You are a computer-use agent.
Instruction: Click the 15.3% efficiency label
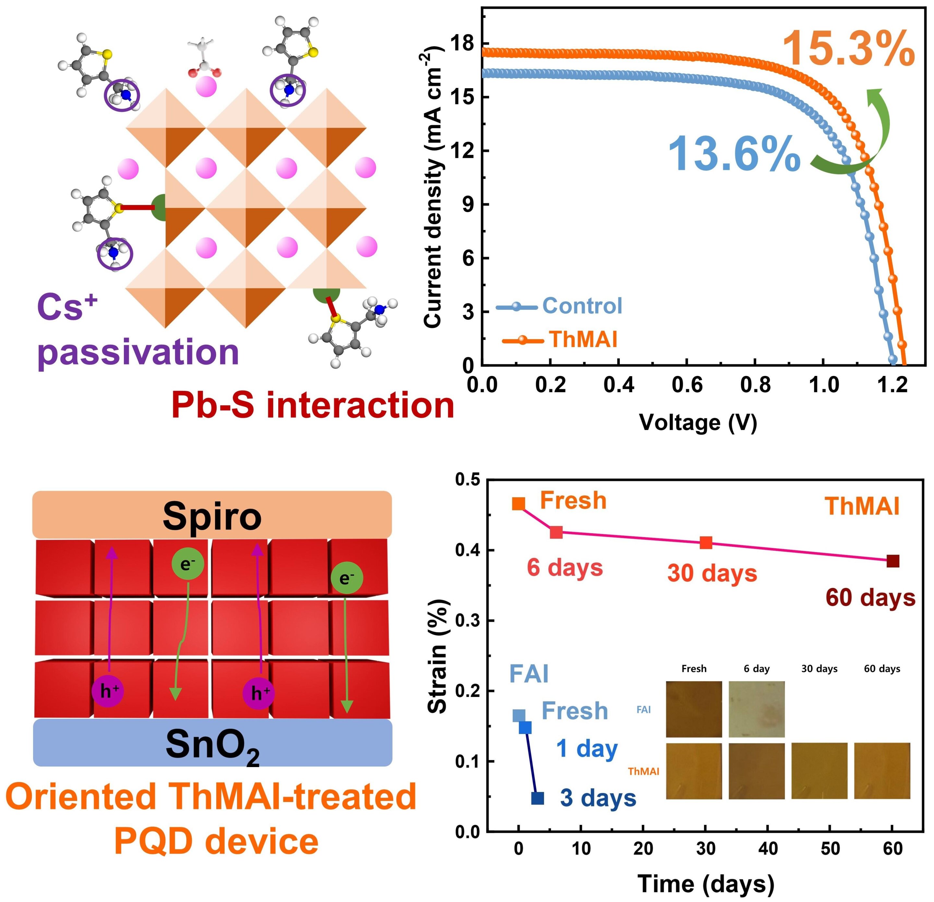pyautogui.click(x=848, y=49)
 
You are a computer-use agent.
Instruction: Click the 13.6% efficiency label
pyautogui.click(x=734, y=153)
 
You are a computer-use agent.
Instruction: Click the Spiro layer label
pyautogui.click(x=212, y=517)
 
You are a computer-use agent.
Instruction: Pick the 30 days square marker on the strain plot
pyautogui.click(x=706, y=543)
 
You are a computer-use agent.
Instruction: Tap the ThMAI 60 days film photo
pyautogui.click(x=882, y=771)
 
